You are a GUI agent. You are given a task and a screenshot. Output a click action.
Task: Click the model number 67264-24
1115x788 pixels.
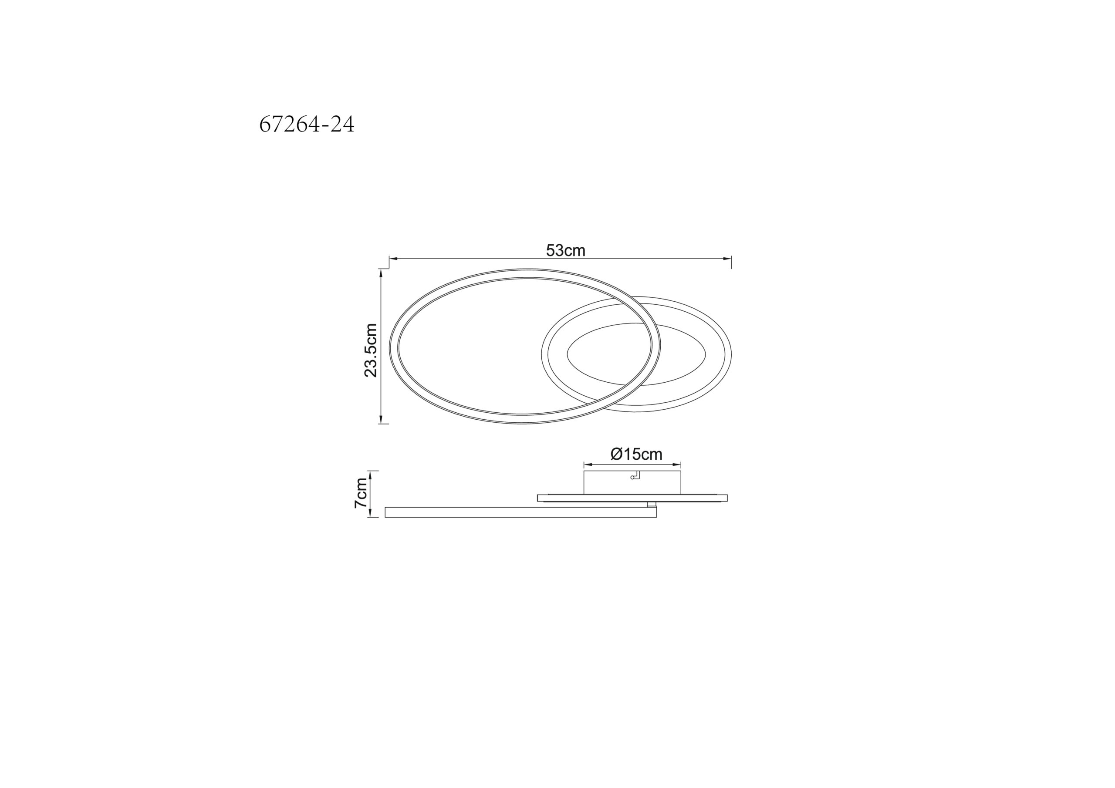[x=307, y=125]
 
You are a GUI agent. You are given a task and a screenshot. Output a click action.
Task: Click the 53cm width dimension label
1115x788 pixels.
[x=565, y=250]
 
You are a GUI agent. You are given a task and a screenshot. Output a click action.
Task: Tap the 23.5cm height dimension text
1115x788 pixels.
[x=371, y=350]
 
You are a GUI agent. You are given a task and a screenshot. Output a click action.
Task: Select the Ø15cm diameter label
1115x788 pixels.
[x=636, y=454]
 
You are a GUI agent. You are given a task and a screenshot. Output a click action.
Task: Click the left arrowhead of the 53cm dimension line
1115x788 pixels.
[x=394, y=258]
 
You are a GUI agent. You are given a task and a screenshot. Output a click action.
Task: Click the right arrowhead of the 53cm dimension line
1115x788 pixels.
[x=727, y=258]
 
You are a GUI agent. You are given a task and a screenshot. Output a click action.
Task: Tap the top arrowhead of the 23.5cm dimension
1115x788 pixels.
[x=381, y=273]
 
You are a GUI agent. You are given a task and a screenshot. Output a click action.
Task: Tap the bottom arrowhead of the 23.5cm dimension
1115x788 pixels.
[x=381, y=420]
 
